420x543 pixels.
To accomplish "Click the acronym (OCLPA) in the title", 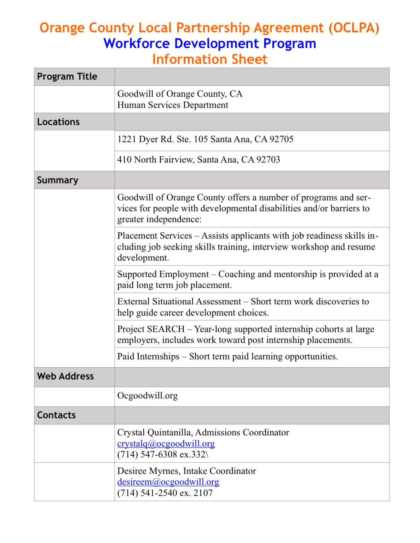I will [x=353, y=28].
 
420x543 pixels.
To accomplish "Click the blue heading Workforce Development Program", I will [x=210, y=43].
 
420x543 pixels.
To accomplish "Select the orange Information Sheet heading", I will [x=210, y=59].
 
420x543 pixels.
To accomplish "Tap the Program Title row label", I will [x=67, y=77].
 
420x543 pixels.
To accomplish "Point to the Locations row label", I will [x=58, y=122].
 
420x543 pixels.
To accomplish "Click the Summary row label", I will [x=58, y=180].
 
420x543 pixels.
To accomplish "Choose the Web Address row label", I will [x=65, y=376].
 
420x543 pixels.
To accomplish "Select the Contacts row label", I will [x=56, y=415].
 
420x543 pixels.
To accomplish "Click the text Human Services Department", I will [x=173, y=105].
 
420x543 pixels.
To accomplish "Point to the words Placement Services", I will [x=155, y=236].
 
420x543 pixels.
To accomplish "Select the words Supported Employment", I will [x=163, y=274].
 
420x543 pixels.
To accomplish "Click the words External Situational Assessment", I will [x=179, y=302].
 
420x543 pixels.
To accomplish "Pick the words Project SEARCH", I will [x=151, y=329].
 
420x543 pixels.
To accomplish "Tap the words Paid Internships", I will [x=148, y=357].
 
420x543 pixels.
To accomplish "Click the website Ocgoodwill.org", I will [x=148, y=396].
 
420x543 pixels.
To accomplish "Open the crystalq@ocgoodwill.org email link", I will [x=166, y=444].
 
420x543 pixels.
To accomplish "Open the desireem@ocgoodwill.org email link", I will [x=168, y=482].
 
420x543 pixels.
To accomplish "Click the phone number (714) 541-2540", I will [x=147, y=493].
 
